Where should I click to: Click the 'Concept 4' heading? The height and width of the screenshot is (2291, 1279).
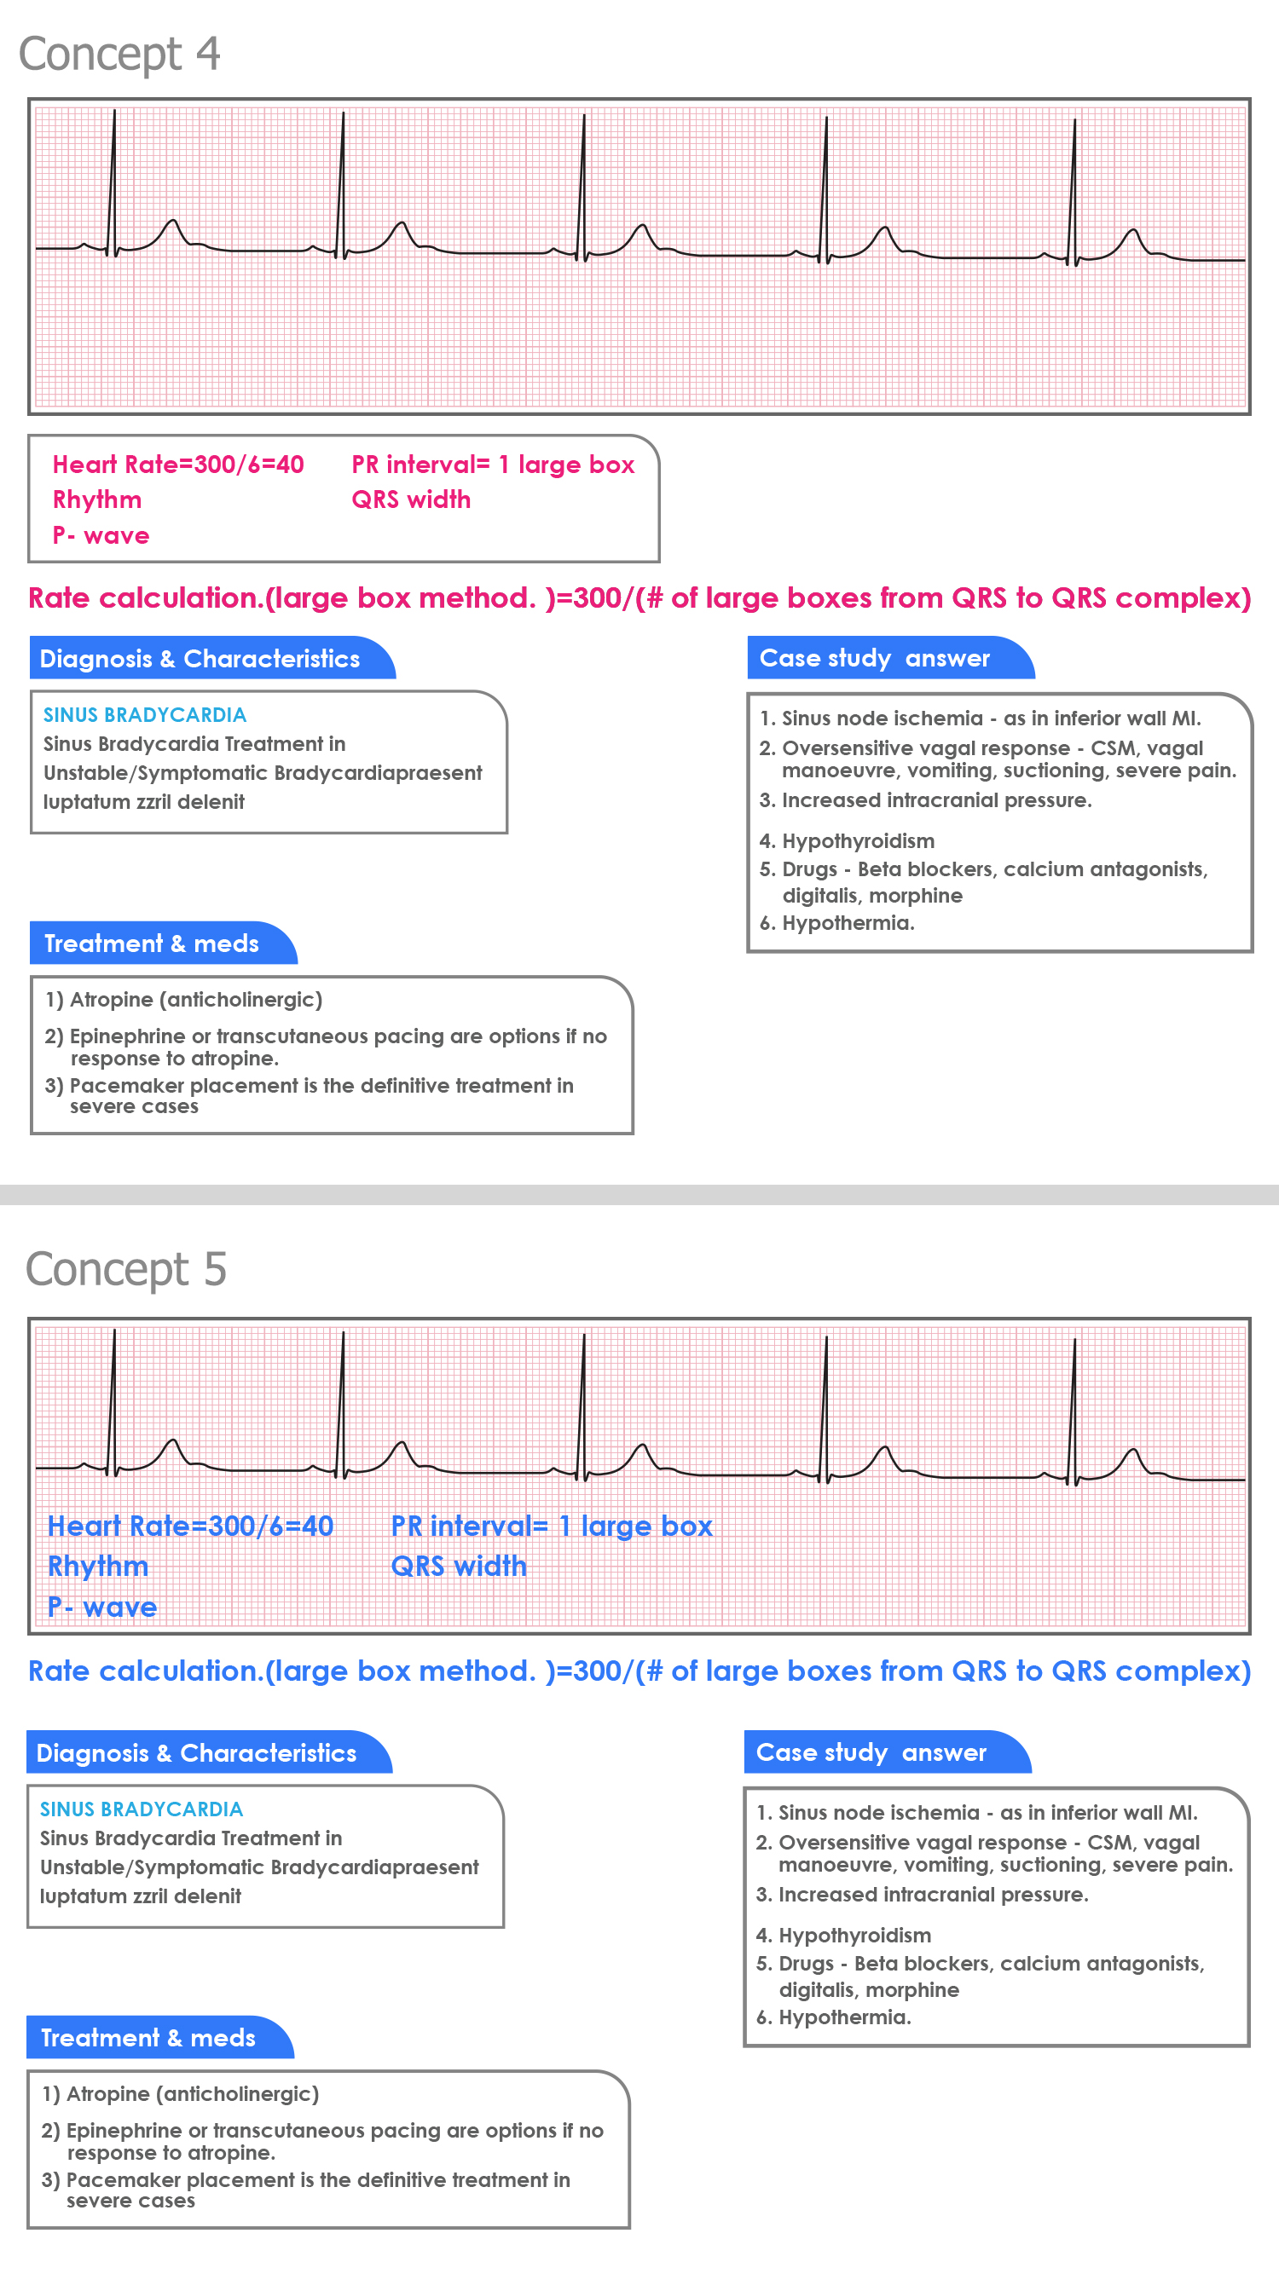pyautogui.click(x=119, y=54)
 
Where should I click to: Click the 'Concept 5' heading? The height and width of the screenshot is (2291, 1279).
pyautogui.click(x=125, y=1268)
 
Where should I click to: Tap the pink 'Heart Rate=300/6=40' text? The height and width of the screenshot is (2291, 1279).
pyautogui.click(x=178, y=465)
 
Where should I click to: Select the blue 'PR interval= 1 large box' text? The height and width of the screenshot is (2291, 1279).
pyautogui.click(x=552, y=1526)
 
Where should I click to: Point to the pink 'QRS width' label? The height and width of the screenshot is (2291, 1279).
pyautogui.click(x=411, y=499)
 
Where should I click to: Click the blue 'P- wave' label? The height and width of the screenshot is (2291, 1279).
pyautogui.click(x=102, y=1607)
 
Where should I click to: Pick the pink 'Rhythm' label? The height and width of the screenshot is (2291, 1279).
pyautogui.click(x=97, y=499)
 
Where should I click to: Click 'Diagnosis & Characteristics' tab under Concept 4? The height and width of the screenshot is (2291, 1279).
pyautogui.click(x=200, y=659)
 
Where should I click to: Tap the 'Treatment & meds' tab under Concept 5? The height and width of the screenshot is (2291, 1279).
pyautogui.click(x=148, y=2038)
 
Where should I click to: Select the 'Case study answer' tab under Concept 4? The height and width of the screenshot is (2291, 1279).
pyautogui.click(x=874, y=658)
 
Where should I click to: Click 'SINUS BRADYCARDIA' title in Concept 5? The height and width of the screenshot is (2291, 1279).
pyautogui.click(x=142, y=1809)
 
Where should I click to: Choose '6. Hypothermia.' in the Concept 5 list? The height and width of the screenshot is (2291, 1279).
pyautogui.click(x=844, y=2017)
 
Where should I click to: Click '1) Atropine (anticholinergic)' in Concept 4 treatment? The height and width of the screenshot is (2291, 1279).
pyautogui.click(x=184, y=1000)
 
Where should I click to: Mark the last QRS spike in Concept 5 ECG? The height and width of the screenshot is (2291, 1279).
pyautogui.click(x=1074, y=1405)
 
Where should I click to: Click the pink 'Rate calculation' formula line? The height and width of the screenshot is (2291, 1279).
pyautogui.click(x=639, y=597)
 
